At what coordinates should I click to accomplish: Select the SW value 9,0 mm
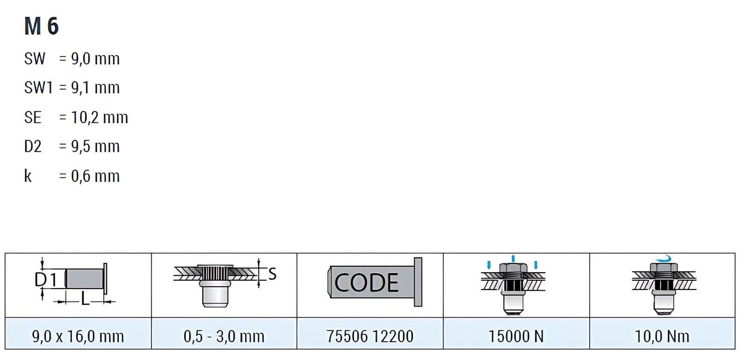pos(95,59)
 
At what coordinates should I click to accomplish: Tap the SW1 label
pos(39,88)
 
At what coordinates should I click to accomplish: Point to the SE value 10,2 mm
pos(99,117)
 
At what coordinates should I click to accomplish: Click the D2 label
pos(33,146)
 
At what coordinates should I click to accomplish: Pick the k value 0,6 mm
pos(95,176)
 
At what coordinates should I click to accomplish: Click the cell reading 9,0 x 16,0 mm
pos(78,336)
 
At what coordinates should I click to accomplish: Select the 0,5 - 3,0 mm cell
pos(224,336)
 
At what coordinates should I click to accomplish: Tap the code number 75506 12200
pos(370,336)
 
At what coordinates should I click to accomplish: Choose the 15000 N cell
pos(516,336)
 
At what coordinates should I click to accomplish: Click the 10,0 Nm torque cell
pos(662,336)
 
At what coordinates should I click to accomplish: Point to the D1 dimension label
pos(46,280)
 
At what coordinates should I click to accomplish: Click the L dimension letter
pos(85,300)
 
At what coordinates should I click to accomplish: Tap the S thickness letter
pos(272,274)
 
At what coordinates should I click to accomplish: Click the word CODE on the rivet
pos(366,283)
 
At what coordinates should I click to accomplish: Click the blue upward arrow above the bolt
pos(513,259)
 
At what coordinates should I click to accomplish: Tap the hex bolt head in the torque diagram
pos(664,268)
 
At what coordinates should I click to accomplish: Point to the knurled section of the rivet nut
pos(215,273)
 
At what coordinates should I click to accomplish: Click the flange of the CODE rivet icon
pos(418,282)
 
